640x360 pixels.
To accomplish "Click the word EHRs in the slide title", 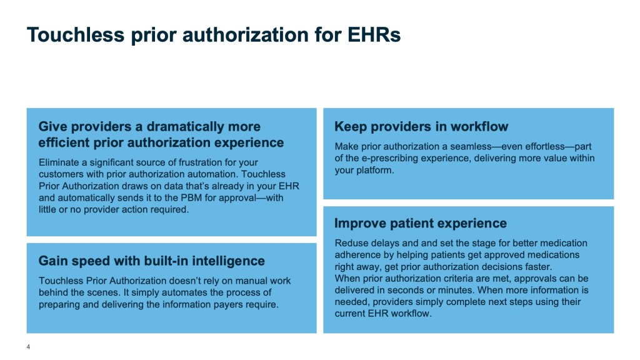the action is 374,35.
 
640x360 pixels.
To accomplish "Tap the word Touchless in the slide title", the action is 76,35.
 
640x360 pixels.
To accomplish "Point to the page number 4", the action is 28,346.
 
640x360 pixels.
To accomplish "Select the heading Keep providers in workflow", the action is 421,126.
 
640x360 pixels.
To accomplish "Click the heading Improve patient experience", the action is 421,223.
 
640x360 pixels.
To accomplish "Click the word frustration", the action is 201,162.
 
